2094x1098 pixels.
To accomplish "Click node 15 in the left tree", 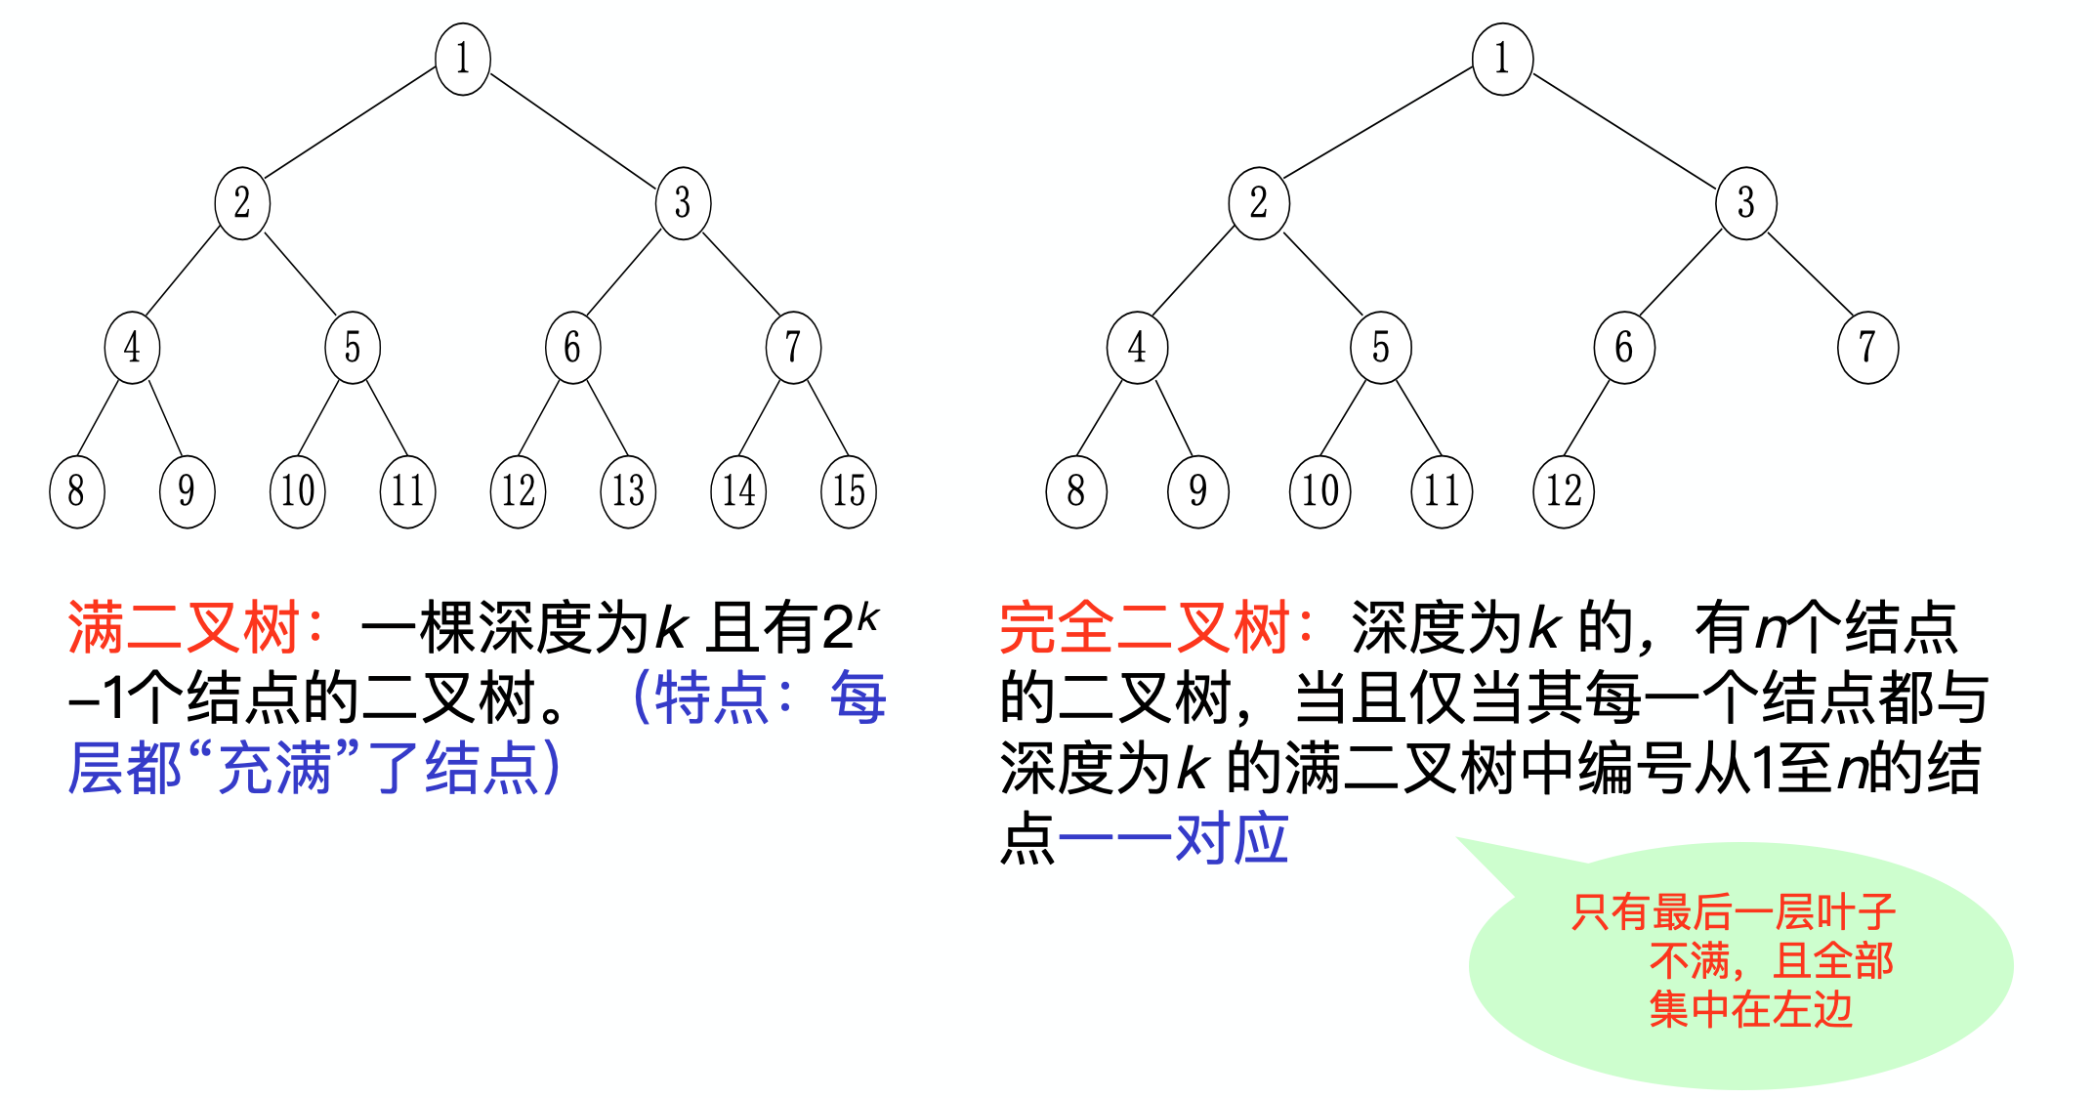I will click(x=849, y=491).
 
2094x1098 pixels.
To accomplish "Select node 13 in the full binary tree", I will click(x=628, y=491).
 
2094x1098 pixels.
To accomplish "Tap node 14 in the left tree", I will click(x=738, y=491).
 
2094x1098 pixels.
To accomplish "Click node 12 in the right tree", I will click(x=1564, y=491).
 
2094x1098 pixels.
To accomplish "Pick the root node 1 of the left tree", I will click(x=463, y=59).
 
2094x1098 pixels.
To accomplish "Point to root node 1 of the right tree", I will click(x=1502, y=59).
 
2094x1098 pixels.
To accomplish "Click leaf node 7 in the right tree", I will click(x=1867, y=348).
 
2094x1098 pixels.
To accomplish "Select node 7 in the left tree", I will click(x=793, y=348).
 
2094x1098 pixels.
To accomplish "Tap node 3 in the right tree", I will click(x=1745, y=203).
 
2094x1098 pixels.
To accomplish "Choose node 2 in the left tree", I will click(x=242, y=203).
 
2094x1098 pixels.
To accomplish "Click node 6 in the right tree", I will click(x=1623, y=348).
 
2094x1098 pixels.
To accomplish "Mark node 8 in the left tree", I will click(x=76, y=491).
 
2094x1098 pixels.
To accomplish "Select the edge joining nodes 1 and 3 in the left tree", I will click(x=572, y=131).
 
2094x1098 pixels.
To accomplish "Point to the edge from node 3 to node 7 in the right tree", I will click(x=1809, y=274).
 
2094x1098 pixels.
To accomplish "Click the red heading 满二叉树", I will click(x=183, y=628).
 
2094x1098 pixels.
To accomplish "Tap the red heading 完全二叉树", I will click(x=1144, y=628).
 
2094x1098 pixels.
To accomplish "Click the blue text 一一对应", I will click(x=1173, y=839).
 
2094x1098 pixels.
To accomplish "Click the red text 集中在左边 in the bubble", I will click(x=1750, y=1010).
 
